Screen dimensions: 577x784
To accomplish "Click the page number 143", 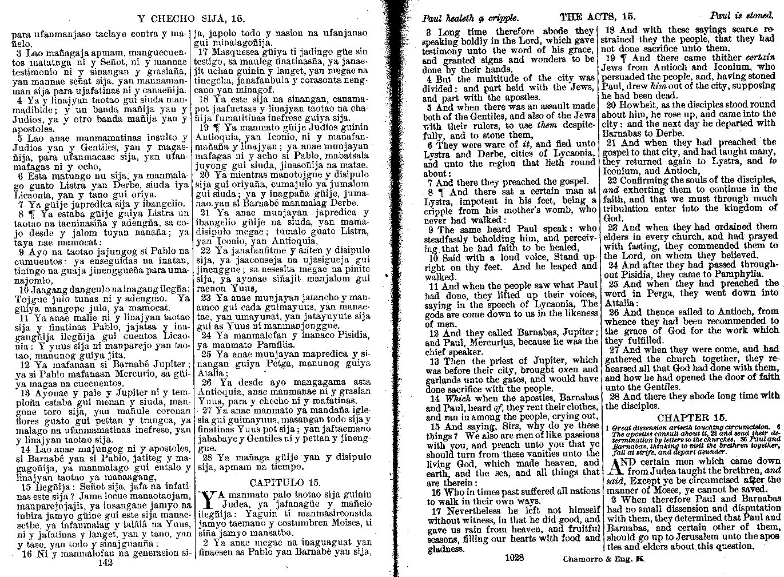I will [106, 563].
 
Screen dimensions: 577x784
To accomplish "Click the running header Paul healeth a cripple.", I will [470, 18].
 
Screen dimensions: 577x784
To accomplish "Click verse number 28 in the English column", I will [613, 396].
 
